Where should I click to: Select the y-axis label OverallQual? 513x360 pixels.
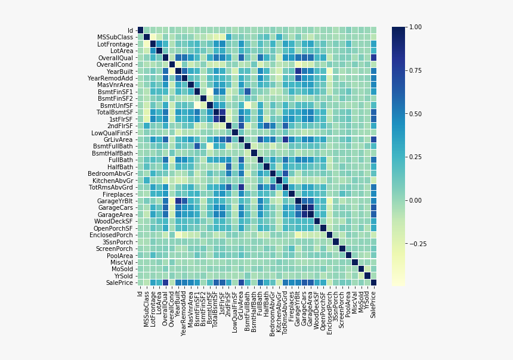[x=116, y=58]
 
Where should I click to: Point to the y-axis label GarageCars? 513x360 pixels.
[x=116, y=208]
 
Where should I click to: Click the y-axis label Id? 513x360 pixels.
[x=131, y=30]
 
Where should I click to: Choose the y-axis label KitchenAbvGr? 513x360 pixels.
[x=114, y=181]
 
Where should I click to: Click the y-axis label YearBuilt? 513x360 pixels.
[x=119, y=72]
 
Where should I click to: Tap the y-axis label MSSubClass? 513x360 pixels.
[x=116, y=38]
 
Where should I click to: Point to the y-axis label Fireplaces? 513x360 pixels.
[x=119, y=194]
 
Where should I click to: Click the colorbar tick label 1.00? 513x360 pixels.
[x=415, y=27]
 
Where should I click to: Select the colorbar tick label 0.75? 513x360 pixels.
[x=415, y=70]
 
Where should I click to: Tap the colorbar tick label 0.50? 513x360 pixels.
[x=415, y=114]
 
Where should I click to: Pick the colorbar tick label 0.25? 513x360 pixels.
[x=415, y=157]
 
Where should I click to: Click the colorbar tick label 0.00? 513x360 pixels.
[x=415, y=200]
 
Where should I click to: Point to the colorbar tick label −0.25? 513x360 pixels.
[x=416, y=244]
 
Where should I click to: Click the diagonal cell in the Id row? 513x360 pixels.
[x=140, y=30]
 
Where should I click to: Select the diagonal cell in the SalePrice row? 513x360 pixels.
[x=373, y=283]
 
